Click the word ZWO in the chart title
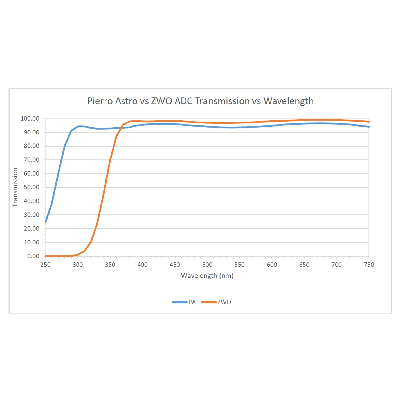tap(161, 101)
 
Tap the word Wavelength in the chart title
tap(288, 101)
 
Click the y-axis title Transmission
tap(15, 188)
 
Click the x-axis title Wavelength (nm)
tap(207, 276)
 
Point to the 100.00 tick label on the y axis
tap(30, 119)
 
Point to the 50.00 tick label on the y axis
tap(31, 187)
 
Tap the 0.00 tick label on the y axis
tap(33, 256)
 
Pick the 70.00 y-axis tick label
tap(31, 160)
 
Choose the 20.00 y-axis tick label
tap(31, 229)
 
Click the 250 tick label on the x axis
tap(46, 265)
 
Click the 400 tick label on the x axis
tap(142, 265)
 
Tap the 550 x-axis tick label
tap(239, 265)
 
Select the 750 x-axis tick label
tap(369, 265)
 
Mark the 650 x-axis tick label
tap(304, 265)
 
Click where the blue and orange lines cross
tap(121, 127)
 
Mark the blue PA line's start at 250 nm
tap(46, 222)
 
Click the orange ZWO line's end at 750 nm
tap(368, 122)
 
